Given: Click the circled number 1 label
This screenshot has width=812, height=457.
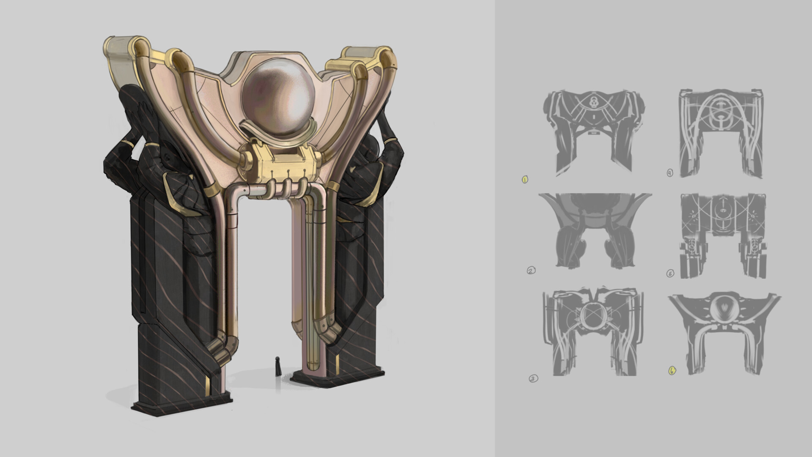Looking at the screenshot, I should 525,180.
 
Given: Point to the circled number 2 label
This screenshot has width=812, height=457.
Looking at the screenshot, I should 531,271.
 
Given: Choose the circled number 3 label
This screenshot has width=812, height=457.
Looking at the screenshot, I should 534,379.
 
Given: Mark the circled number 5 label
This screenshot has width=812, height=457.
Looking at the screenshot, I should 670,274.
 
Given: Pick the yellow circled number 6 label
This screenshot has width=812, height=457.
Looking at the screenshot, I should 672,371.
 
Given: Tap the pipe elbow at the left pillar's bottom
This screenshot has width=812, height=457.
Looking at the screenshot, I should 220,342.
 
